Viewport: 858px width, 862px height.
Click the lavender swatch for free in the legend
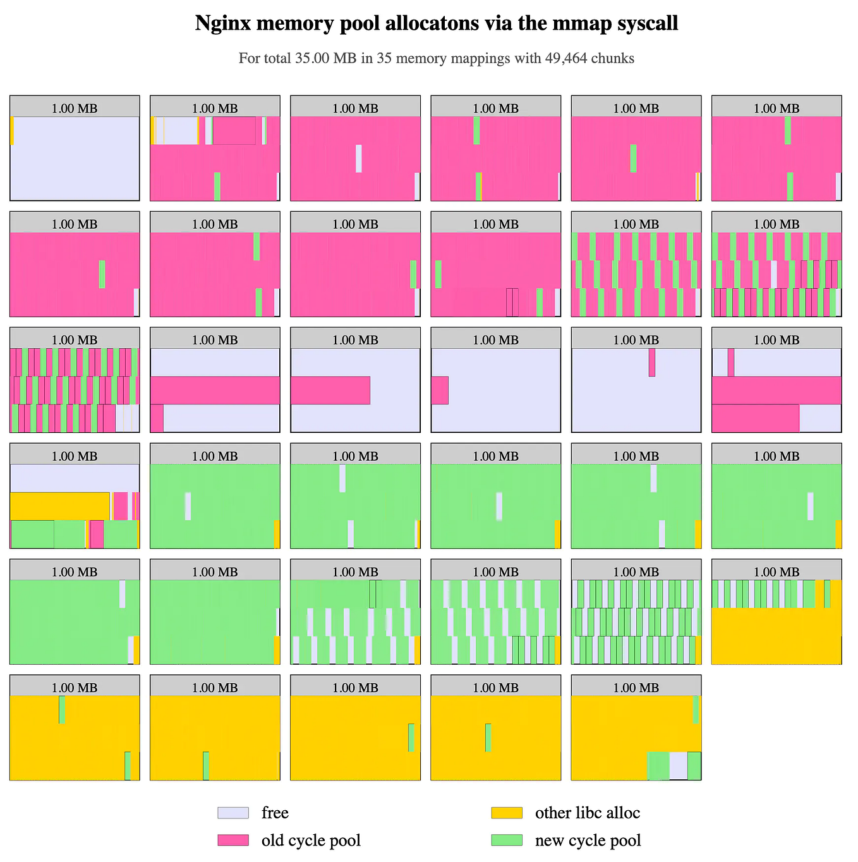point(233,813)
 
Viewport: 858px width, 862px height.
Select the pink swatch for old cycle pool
point(233,840)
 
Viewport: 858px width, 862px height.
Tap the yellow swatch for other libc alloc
point(507,813)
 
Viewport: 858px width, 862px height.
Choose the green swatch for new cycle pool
point(507,840)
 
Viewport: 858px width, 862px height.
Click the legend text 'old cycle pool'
point(311,841)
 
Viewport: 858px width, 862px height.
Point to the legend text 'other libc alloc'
point(588,813)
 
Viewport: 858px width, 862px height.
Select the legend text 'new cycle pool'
point(588,841)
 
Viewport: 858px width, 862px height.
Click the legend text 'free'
point(275,813)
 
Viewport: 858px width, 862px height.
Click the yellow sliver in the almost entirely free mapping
point(12,130)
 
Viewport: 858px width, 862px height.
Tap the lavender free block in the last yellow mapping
point(678,765)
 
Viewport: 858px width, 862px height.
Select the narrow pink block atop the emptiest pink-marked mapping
point(652,362)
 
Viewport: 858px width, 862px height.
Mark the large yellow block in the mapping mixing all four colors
point(60,506)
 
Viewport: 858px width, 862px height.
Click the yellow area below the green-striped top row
point(776,636)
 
